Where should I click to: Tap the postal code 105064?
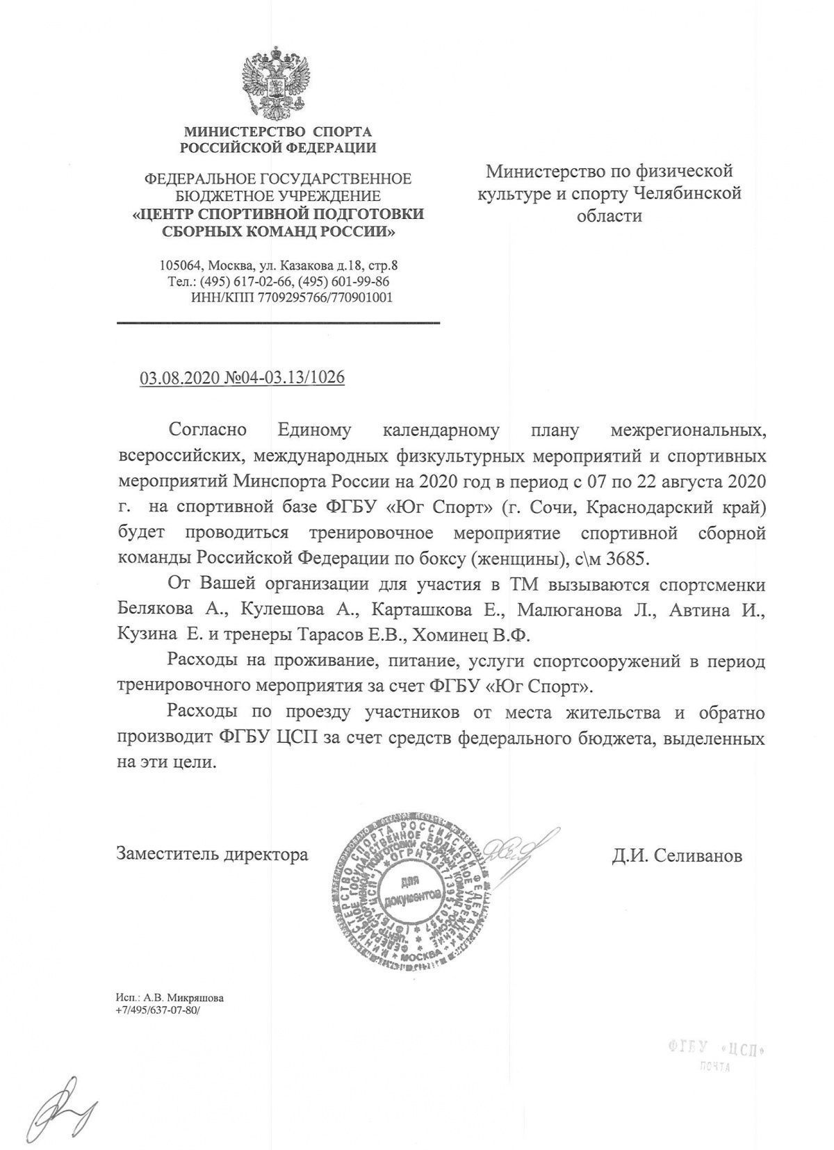[180, 265]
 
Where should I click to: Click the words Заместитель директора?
[212, 853]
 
